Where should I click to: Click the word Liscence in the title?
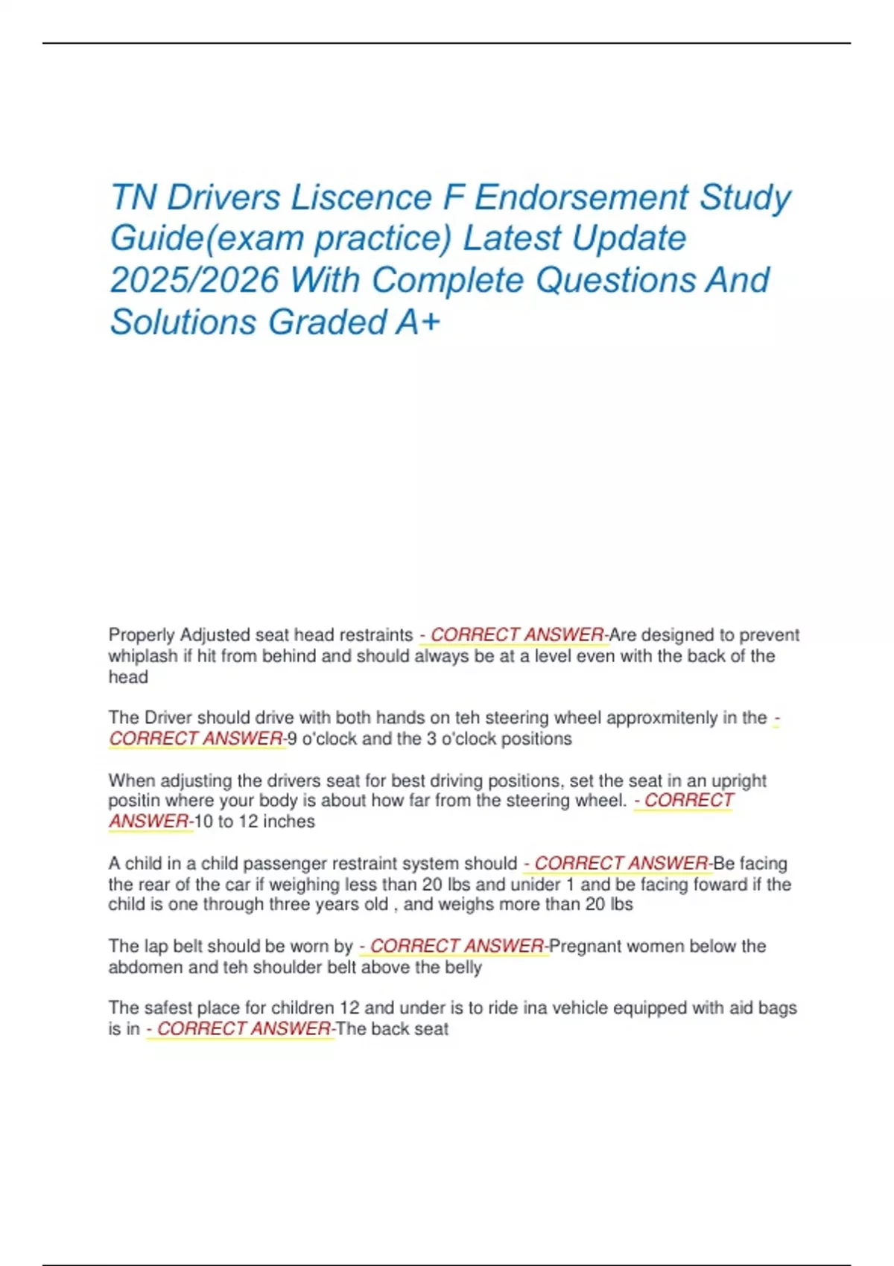[x=361, y=198]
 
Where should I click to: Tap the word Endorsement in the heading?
[x=581, y=198]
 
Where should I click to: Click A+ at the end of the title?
[x=418, y=322]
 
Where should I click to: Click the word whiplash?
[x=142, y=656]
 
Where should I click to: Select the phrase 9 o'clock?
[x=322, y=739]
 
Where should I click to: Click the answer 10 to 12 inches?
[x=254, y=821]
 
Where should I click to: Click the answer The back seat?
[x=393, y=1029]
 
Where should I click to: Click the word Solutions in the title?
[x=183, y=322]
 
